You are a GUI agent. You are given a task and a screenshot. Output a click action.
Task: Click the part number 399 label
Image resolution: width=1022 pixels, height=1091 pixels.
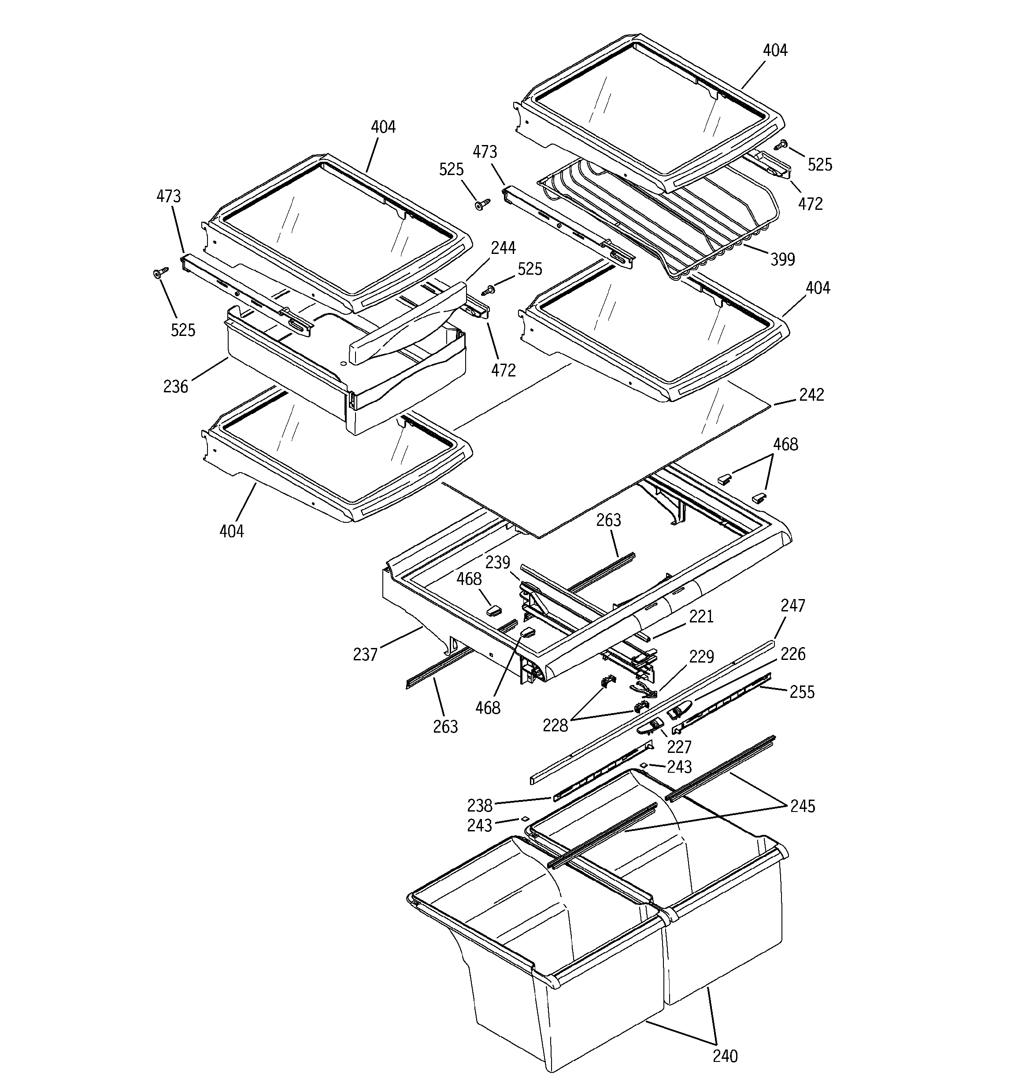[782, 260]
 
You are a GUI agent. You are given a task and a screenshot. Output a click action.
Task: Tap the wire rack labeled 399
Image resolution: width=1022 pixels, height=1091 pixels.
[658, 220]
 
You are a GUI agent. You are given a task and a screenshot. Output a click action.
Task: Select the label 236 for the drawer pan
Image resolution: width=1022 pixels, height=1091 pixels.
[175, 387]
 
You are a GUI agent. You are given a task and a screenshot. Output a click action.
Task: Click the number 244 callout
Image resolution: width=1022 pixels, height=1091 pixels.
[503, 248]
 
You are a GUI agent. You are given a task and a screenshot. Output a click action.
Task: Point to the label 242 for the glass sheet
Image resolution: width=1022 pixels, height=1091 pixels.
[811, 395]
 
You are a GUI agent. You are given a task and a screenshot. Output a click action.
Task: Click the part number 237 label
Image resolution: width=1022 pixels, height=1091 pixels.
[365, 654]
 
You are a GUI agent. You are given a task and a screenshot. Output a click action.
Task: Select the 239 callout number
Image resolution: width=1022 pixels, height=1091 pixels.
[497, 563]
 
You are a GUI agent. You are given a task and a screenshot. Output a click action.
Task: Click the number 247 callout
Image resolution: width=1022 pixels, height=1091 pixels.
[792, 606]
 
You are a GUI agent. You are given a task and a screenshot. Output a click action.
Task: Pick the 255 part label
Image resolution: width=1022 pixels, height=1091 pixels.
[802, 692]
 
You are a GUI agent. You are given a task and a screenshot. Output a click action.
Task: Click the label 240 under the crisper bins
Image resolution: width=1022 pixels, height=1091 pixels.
[725, 1056]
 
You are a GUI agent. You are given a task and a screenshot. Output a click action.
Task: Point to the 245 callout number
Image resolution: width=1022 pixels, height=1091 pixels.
[803, 806]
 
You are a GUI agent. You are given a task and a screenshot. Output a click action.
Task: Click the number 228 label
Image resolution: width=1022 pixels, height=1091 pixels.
[555, 726]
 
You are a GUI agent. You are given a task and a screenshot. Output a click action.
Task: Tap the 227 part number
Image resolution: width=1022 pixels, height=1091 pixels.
[679, 747]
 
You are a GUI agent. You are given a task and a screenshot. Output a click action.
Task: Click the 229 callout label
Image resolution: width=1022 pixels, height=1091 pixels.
[702, 657]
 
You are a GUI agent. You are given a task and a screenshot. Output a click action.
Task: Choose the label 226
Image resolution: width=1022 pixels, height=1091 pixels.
[792, 654]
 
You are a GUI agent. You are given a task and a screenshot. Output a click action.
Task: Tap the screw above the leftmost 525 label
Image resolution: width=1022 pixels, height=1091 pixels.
[159, 273]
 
